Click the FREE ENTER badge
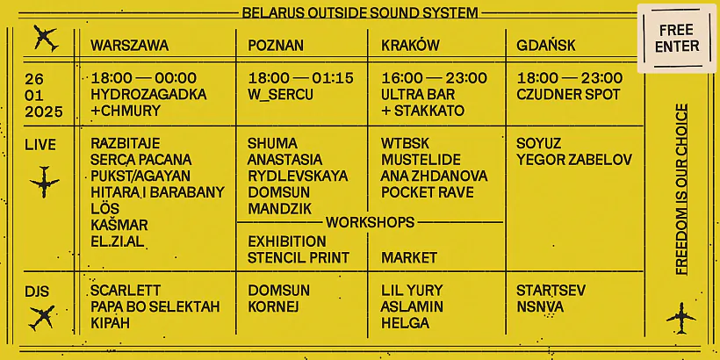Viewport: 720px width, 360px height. (677, 38)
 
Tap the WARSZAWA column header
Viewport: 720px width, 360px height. (129, 45)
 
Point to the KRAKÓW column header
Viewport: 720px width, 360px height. (410, 45)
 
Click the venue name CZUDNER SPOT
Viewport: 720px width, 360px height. (568, 94)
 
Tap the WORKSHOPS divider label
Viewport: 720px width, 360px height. (370, 222)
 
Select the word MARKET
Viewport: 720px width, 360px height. (409, 257)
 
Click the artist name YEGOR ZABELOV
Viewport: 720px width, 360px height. (574, 160)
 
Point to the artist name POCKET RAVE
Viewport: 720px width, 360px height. (428, 192)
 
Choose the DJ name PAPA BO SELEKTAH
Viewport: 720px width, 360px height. (155, 306)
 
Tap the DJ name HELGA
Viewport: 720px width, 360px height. (405, 323)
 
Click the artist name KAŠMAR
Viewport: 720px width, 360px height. (119, 225)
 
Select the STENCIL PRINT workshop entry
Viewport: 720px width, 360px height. (299, 257)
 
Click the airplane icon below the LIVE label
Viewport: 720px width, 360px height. (44, 182)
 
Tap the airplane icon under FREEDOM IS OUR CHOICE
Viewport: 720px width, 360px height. (681, 314)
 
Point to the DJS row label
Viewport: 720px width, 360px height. (37, 291)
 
